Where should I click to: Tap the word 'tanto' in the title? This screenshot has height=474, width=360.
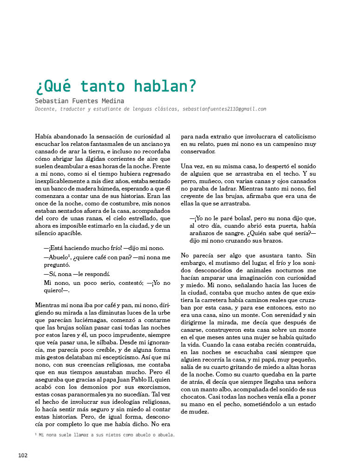click(102, 86)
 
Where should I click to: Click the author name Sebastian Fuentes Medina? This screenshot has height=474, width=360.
click(79, 100)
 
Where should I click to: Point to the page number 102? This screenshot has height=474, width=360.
click(23, 455)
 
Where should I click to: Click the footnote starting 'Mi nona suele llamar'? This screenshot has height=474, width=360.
click(105, 435)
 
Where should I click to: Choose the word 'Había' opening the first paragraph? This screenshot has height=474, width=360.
click(44, 137)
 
